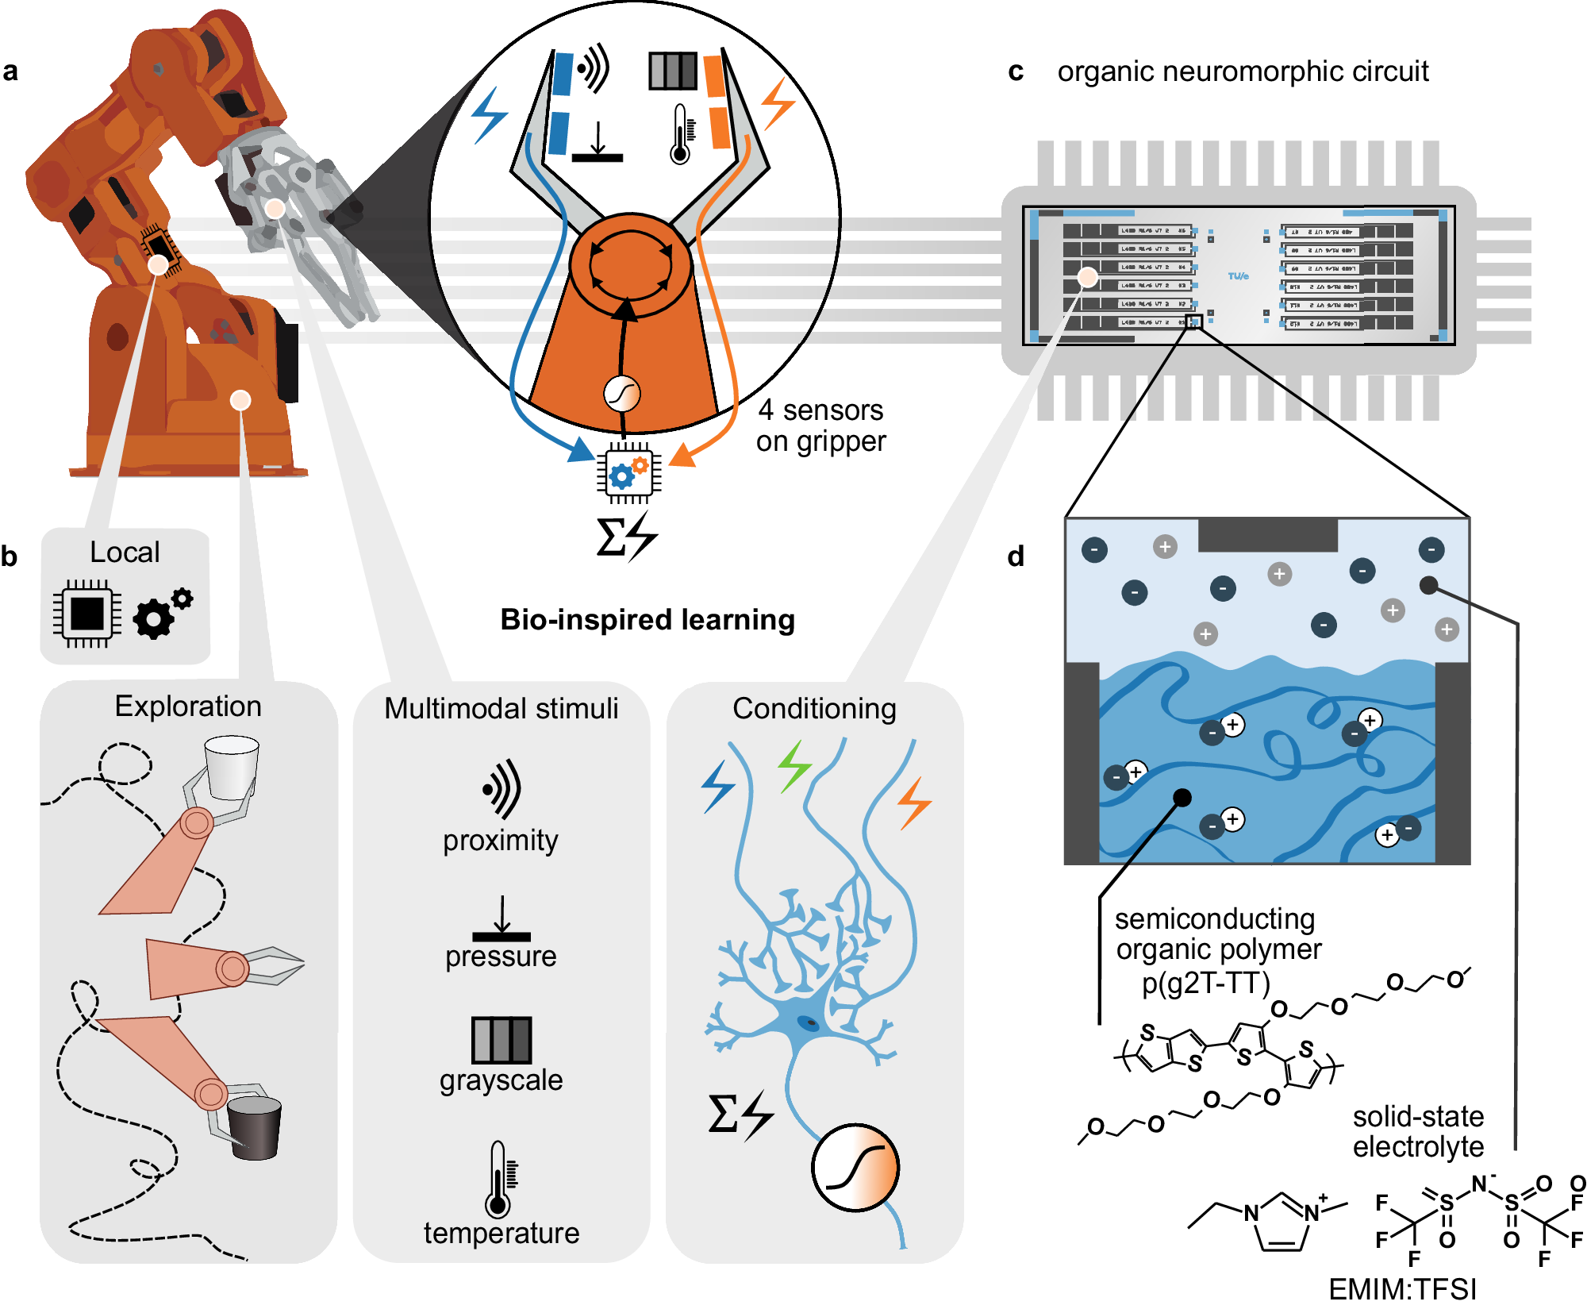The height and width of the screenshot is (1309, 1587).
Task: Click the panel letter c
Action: [x=1015, y=72]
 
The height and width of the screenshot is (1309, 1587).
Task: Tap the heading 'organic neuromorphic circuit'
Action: [x=1243, y=71]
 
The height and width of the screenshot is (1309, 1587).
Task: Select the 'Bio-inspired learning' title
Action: [x=647, y=619]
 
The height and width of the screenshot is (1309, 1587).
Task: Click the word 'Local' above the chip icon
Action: [x=125, y=552]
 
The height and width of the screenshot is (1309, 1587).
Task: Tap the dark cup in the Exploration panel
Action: [x=254, y=1127]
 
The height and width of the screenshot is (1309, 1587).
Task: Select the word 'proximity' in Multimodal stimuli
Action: [x=501, y=840]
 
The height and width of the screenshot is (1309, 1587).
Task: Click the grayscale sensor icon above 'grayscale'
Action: [x=501, y=1039]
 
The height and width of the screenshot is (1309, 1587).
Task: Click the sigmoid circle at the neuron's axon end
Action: [x=855, y=1168]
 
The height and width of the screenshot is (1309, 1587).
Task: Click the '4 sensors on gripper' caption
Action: [x=820, y=425]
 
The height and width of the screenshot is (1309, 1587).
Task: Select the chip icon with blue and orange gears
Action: [x=628, y=473]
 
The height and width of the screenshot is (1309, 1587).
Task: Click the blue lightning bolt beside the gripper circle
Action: [x=490, y=115]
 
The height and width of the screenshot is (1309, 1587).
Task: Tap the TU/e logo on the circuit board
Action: [x=1238, y=276]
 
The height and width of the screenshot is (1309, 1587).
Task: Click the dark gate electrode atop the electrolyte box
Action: [x=1267, y=535]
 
